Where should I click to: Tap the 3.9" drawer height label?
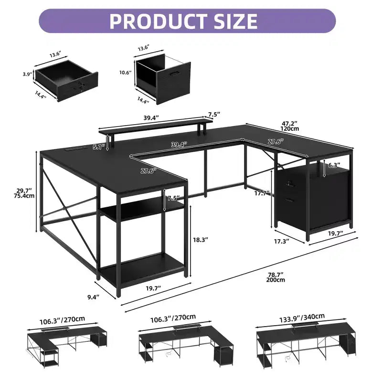pyautogui.click(x=28, y=74)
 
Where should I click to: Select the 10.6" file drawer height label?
pyautogui.click(x=126, y=73)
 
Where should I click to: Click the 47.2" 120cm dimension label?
pyautogui.click(x=289, y=126)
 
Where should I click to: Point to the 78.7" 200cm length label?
pyautogui.click(x=276, y=277)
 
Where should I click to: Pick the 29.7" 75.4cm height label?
pyautogui.click(x=24, y=193)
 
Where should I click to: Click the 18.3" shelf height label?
pyautogui.click(x=201, y=240)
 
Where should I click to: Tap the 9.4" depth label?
pyautogui.click(x=94, y=297)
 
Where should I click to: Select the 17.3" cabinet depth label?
pyautogui.click(x=282, y=241)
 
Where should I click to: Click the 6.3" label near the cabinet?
pyautogui.click(x=334, y=165)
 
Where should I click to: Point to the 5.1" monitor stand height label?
pyautogui.click(x=99, y=147)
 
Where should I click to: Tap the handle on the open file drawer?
pyautogui.click(x=175, y=74)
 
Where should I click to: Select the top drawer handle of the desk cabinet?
pyautogui.click(x=290, y=184)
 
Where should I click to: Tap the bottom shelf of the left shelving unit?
pyautogui.click(x=142, y=270)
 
